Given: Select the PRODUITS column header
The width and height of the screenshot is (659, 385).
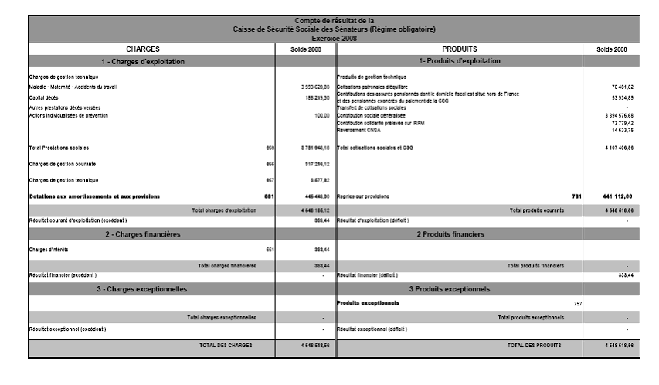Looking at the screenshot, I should click(460, 49).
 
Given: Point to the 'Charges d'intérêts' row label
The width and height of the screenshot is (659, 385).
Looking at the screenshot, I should click(48, 250).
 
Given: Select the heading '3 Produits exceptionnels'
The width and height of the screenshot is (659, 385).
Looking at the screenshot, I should click(460, 288).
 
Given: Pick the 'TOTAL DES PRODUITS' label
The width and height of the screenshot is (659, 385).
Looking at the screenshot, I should click(534, 345).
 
